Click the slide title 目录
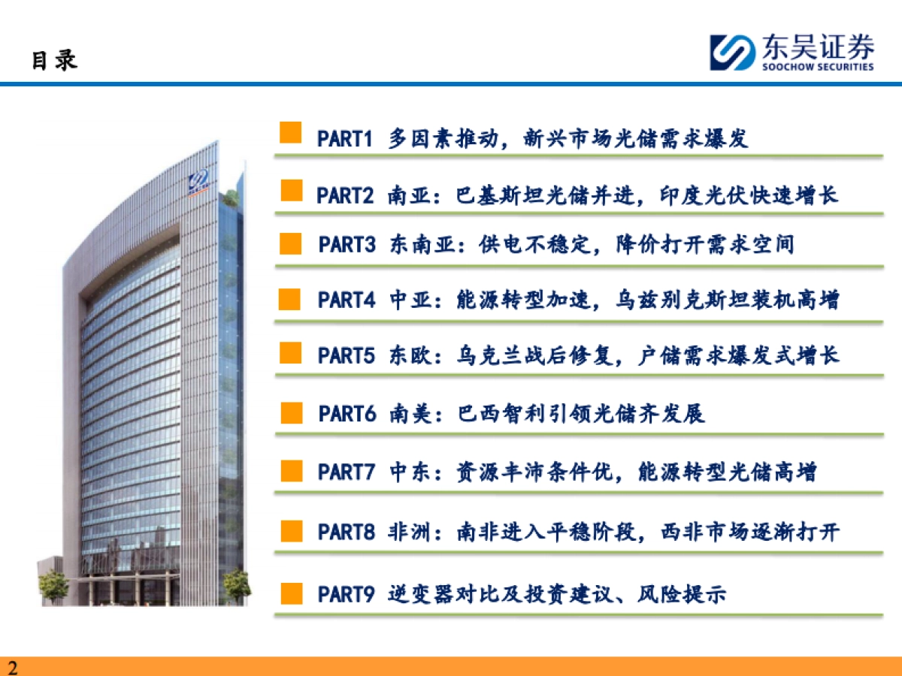pos(54,60)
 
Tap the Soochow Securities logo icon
pos(732,53)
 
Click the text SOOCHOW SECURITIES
pos(817,66)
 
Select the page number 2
pos(12,667)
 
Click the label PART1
pos(345,139)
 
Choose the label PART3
pos(347,245)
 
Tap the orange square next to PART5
pos(291,353)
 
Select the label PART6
pos(347,413)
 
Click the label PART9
pos(347,594)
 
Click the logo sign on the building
pos(200,180)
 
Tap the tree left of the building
pos(53,586)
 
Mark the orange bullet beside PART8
pos(291,531)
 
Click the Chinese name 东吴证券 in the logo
pos(817,47)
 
